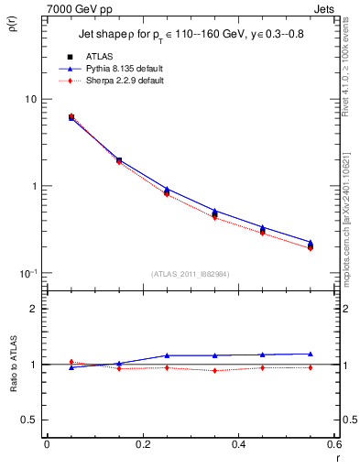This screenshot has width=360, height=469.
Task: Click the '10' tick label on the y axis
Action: pyautogui.click(x=29, y=99)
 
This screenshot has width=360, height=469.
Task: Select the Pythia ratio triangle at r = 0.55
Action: pyautogui.click(x=311, y=354)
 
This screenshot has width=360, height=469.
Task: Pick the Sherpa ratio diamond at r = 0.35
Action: pyautogui.click(x=214, y=370)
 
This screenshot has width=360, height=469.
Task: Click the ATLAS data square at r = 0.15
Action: pyautogui.click(x=119, y=160)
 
